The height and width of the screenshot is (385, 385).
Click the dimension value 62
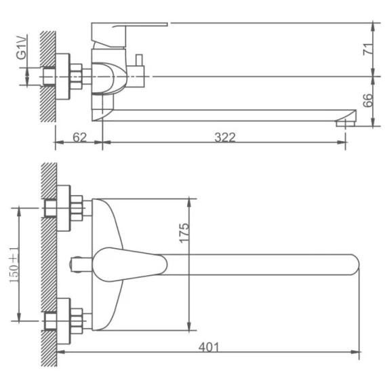pos(80,138)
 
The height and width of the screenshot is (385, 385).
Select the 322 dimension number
pos(225,138)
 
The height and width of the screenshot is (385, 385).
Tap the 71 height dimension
pos(367,49)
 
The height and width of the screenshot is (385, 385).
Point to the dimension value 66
pos(367,100)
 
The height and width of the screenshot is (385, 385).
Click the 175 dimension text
pos(184,233)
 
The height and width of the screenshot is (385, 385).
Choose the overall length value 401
pos(209,347)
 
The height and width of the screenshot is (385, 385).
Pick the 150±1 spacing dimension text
pos(14,264)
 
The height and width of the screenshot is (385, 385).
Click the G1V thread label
pos(21,47)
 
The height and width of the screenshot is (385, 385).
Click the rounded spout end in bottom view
pos(354,264)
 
